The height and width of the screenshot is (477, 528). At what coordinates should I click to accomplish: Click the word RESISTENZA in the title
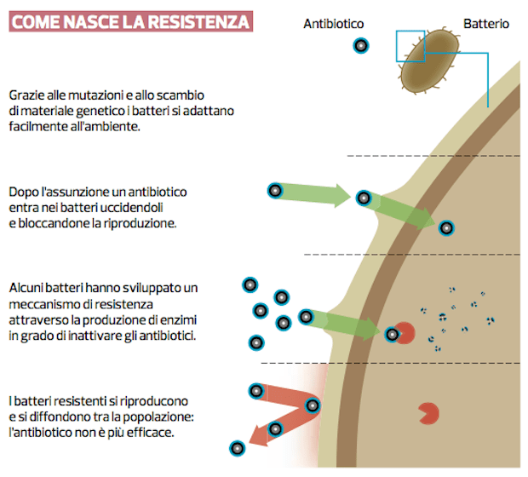click(198, 22)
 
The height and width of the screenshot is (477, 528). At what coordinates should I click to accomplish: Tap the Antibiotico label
click(333, 24)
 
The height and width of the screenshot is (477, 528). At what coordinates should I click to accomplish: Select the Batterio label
click(486, 24)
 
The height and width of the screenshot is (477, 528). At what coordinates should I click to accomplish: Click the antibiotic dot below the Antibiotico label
click(361, 45)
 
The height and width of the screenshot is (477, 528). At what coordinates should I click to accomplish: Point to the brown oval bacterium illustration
click(430, 60)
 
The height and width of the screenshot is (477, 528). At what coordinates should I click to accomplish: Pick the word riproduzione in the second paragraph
click(140, 223)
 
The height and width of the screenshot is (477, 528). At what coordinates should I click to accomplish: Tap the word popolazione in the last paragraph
click(158, 417)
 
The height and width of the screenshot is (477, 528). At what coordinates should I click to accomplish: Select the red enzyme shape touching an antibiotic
click(405, 333)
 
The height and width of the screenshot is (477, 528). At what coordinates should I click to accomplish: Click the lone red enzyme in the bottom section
click(428, 413)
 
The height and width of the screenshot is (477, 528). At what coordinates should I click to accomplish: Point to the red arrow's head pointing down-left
click(258, 437)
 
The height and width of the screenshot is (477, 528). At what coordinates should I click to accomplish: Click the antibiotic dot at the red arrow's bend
click(313, 405)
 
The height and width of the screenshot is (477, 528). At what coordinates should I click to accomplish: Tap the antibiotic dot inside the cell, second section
click(446, 228)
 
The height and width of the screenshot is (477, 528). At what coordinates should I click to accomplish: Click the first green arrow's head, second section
click(343, 196)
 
